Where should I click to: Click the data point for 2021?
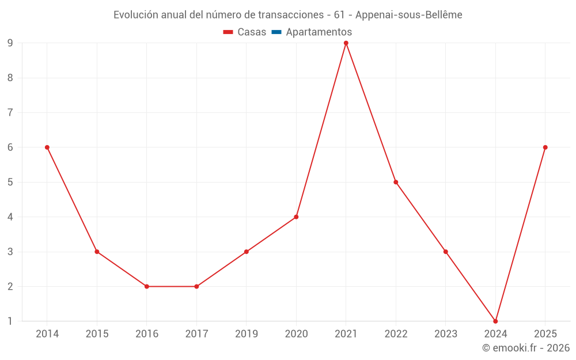(x=346, y=43)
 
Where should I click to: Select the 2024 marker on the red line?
(x=495, y=321)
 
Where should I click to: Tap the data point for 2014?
(x=47, y=147)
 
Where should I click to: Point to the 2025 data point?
(x=545, y=147)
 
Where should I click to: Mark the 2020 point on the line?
(x=296, y=217)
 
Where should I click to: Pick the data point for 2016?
(x=146, y=286)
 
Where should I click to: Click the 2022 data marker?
(x=396, y=182)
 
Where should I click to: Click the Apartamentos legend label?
(x=319, y=32)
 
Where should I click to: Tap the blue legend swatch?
(x=276, y=32)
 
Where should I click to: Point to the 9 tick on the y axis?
(x=10, y=43)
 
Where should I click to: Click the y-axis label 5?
(x=10, y=182)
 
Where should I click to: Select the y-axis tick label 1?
(x=10, y=321)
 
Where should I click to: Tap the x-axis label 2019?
(x=247, y=334)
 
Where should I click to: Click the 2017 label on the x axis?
(x=196, y=334)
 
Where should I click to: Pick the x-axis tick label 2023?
(x=446, y=334)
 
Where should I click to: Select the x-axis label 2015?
(x=97, y=334)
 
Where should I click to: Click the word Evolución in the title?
(x=135, y=15)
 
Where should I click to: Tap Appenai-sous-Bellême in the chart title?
(x=409, y=15)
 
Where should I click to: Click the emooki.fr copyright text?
(x=526, y=347)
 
